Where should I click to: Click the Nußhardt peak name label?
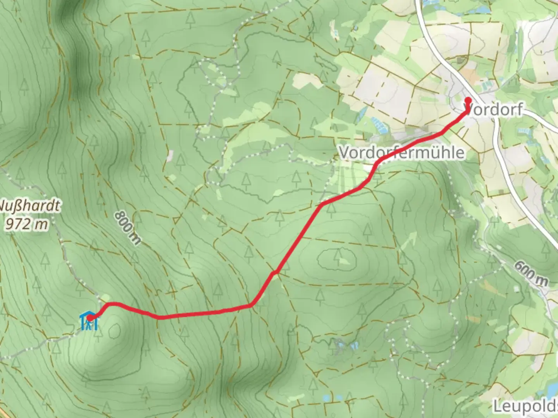(29, 206)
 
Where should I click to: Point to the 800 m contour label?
(127, 228)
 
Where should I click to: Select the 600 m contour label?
(531, 273)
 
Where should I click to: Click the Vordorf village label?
(494, 110)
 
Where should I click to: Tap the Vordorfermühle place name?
(401, 152)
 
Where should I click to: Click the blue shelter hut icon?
(89, 321)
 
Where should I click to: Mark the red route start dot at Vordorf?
(468, 100)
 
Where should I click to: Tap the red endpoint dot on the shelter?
(90, 318)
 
